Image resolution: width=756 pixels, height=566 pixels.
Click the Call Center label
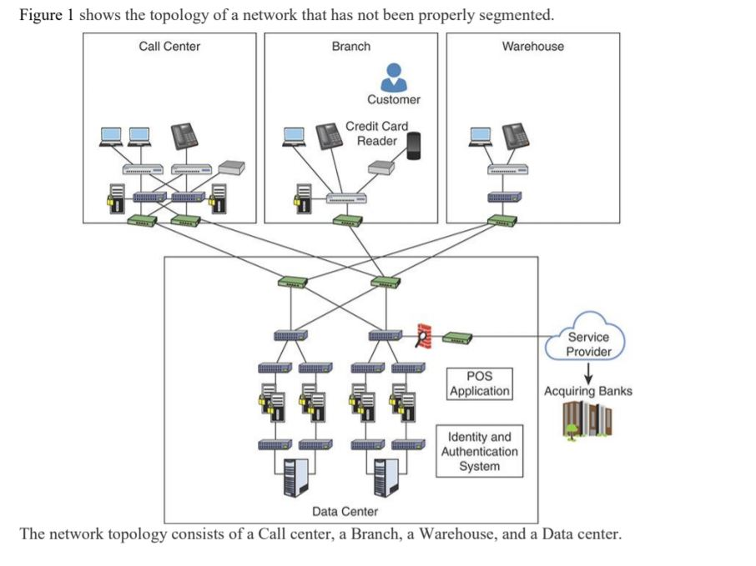click(x=169, y=47)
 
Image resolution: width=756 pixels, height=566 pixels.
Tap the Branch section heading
click(x=350, y=47)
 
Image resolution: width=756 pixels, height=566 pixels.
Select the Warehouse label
click(x=532, y=47)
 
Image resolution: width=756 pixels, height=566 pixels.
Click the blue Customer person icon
click(x=393, y=78)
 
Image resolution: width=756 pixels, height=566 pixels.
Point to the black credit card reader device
click(x=412, y=145)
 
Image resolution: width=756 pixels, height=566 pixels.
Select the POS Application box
click(x=479, y=383)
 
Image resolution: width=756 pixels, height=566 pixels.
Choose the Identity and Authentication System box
click(x=479, y=451)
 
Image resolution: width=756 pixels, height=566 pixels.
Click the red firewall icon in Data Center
click(x=425, y=335)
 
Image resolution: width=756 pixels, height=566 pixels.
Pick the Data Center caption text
click(x=345, y=511)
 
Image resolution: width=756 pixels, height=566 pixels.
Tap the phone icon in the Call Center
click(x=184, y=135)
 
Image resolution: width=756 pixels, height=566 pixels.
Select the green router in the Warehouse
click(x=502, y=221)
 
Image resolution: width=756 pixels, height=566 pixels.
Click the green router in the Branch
click(x=347, y=221)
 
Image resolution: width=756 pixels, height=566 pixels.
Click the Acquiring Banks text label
click(x=588, y=391)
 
